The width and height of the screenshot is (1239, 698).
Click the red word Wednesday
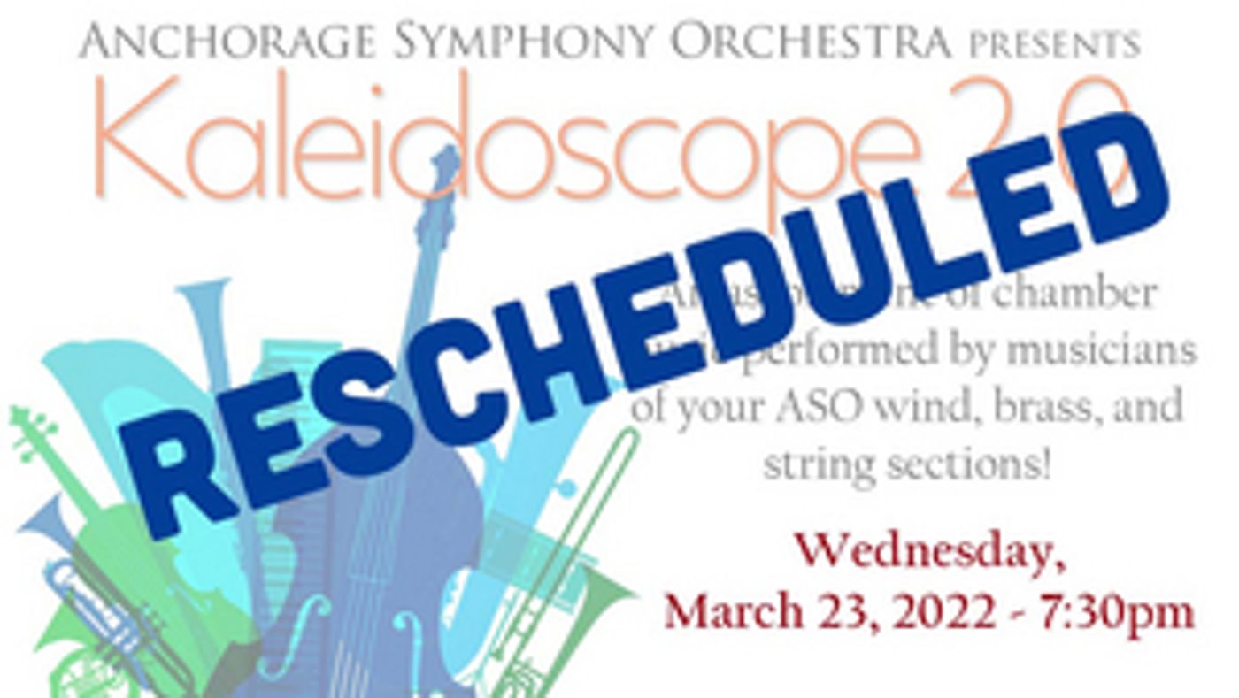point(929,555)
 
